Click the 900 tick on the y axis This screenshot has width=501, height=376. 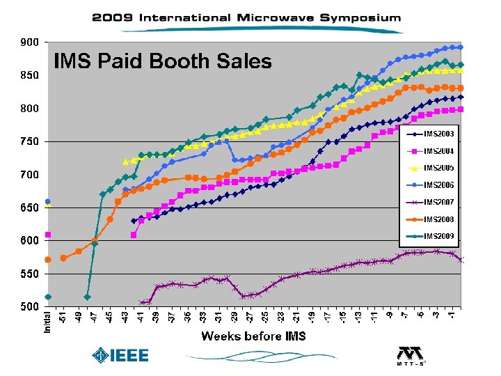pyautogui.click(x=29, y=42)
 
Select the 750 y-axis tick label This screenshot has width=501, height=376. pyautogui.click(x=29, y=142)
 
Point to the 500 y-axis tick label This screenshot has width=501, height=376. pyautogui.click(x=29, y=307)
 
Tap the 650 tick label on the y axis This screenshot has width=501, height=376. pyautogui.click(x=29, y=208)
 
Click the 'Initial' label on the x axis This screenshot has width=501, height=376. pyautogui.click(x=48, y=321)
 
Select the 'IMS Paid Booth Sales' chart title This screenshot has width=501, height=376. pyautogui.click(x=163, y=62)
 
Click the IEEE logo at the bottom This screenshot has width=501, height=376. pyautogui.click(x=121, y=356)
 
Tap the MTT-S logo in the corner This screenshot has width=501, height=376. pyautogui.click(x=411, y=356)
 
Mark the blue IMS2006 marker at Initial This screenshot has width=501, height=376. pyautogui.click(x=48, y=202)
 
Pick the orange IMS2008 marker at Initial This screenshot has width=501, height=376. pyautogui.click(x=48, y=260)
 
